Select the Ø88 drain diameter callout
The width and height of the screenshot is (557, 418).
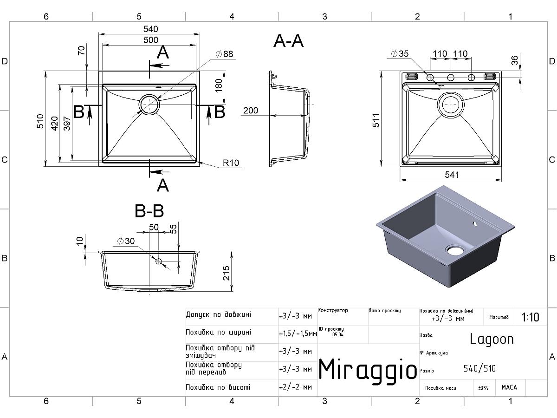(x=224, y=54)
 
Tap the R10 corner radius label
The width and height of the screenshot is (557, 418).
(x=231, y=163)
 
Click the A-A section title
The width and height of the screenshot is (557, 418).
(x=288, y=41)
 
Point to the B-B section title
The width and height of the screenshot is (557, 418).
(x=149, y=212)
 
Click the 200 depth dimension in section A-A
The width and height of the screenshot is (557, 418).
(x=251, y=111)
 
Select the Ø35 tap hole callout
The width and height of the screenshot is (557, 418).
(x=400, y=54)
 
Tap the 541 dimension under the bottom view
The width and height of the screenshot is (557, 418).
(x=451, y=175)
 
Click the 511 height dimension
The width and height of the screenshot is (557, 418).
(x=376, y=120)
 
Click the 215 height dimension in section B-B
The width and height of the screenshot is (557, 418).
(x=227, y=273)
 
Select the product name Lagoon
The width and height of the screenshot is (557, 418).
(x=492, y=339)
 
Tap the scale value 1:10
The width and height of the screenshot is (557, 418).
(x=530, y=318)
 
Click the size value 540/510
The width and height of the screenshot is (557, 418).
(x=479, y=369)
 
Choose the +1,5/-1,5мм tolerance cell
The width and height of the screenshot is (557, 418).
(x=298, y=333)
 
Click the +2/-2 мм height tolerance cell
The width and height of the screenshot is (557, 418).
(x=295, y=387)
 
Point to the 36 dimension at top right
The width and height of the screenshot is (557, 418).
(x=514, y=60)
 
